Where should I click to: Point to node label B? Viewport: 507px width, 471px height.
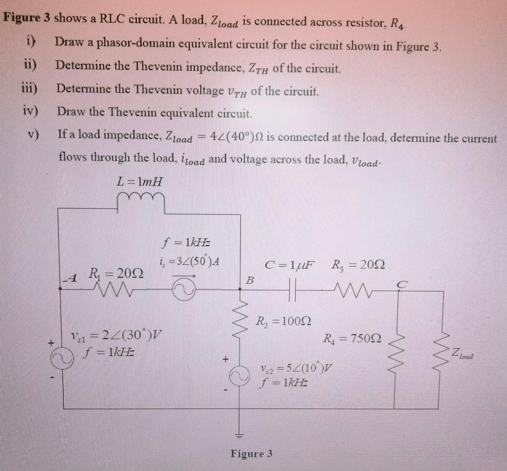250,279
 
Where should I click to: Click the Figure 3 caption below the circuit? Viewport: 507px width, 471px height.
252,454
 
